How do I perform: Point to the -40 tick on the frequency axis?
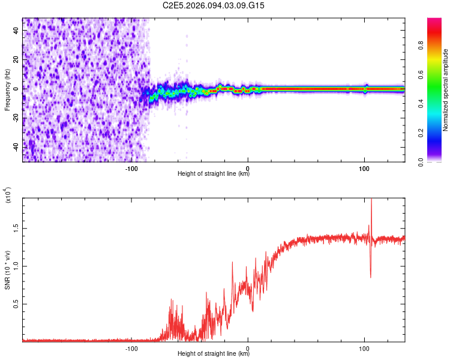(x=15, y=147)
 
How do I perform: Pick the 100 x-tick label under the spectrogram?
(x=364, y=168)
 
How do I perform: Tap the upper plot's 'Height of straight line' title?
(x=214, y=174)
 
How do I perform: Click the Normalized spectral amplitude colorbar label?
(x=446, y=89)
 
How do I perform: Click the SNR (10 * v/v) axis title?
(x=8, y=269)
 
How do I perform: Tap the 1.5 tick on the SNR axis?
(x=15, y=229)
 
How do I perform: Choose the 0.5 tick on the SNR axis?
(x=15, y=304)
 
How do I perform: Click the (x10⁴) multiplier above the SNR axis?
(x=8, y=196)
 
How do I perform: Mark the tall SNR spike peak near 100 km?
(x=371, y=200)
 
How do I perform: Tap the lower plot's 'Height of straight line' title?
(x=214, y=354)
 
